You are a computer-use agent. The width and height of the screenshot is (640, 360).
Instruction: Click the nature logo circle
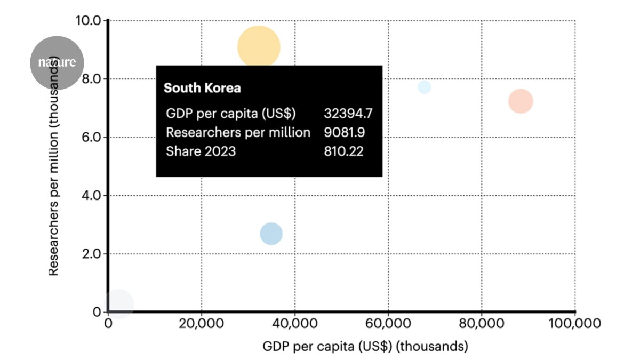(57, 62)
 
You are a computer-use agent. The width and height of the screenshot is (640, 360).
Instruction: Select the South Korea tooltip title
(202, 88)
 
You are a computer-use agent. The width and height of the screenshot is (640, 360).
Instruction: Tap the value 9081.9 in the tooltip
(345, 132)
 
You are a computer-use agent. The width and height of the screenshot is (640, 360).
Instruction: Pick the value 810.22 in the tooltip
(343, 151)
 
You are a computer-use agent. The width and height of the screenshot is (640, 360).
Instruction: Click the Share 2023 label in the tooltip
(201, 151)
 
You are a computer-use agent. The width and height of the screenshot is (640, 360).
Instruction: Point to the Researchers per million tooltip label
(238, 132)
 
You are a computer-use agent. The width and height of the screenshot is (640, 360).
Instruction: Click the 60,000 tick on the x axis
(388, 324)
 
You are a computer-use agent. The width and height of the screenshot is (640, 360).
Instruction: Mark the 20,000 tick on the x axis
(201, 324)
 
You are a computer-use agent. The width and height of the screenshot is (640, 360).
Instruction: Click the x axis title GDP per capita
(365, 346)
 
